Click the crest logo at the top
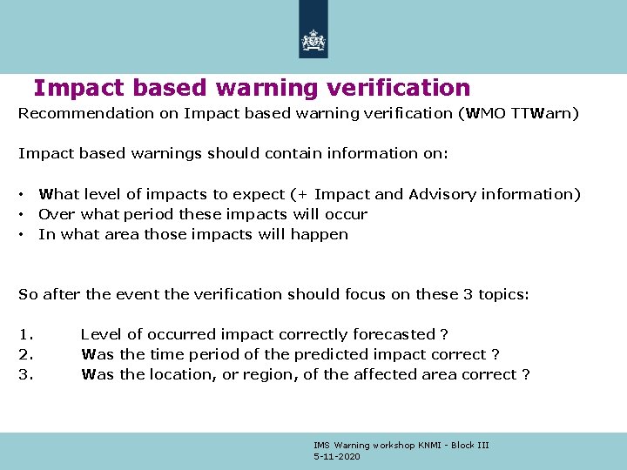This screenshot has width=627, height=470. (x=313, y=39)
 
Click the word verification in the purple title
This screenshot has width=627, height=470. (x=403, y=88)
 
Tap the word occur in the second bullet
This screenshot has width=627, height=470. (x=347, y=214)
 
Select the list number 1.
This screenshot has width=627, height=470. (x=24, y=334)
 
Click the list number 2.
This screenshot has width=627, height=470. (x=24, y=354)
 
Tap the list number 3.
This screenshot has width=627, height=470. (x=24, y=374)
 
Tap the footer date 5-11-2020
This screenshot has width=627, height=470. (x=337, y=457)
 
